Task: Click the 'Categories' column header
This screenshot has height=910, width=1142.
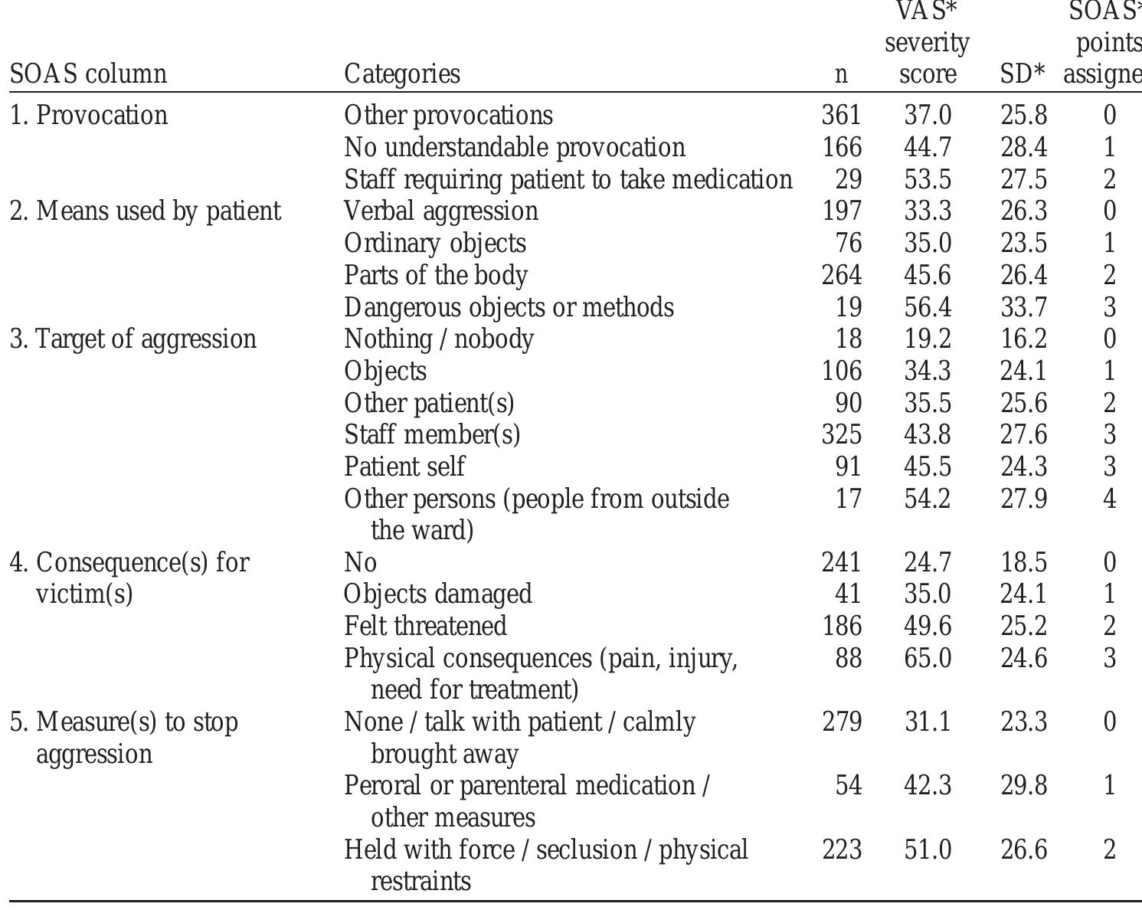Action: point(402,74)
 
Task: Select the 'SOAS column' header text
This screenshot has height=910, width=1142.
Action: point(88,74)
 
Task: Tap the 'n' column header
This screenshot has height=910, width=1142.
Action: point(841,74)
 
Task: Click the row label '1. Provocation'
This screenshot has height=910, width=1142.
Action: point(89,115)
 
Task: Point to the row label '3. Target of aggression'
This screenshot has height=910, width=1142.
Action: point(133,339)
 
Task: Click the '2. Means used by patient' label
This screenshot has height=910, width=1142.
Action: point(146,211)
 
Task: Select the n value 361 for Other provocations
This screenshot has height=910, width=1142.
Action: point(841,115)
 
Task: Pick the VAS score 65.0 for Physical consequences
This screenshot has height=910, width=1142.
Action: point(928,658)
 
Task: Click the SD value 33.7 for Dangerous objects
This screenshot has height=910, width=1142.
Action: point(1023,307)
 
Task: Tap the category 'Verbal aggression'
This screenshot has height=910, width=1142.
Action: point(441,211)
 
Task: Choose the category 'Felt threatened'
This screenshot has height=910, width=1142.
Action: point(425,626)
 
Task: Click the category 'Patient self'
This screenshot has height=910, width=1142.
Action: point(404,466)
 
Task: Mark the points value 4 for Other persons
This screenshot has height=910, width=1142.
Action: point(1109,499)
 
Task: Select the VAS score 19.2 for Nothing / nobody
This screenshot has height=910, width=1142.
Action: point(928,339)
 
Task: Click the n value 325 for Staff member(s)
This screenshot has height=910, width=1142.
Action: point(841,434)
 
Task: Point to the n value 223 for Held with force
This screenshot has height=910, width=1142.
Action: point(841,849)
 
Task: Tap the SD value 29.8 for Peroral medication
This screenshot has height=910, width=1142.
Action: point(1023,786)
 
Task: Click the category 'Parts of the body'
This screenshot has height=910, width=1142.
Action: point(436,275)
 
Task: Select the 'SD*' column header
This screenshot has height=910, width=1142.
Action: point(1023,74)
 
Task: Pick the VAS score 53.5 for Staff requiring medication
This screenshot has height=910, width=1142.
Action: point(928,179)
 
